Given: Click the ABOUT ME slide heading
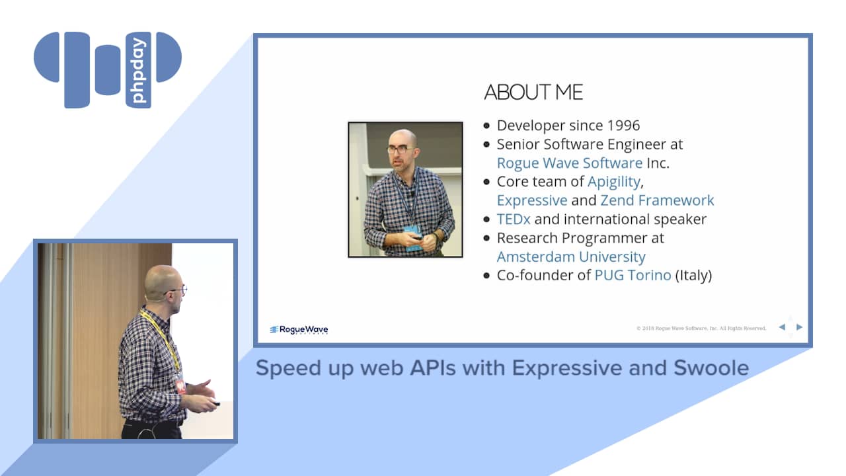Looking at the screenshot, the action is (x=533, y=92).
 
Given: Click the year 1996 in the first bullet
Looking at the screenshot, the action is (x=623, y=126).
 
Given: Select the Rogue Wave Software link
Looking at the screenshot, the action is (x=570, y=163).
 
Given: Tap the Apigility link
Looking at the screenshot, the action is (x=614, y=182).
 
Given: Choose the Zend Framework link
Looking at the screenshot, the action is (x=657, y=200).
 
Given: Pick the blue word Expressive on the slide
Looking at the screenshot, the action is (x=532, y=200).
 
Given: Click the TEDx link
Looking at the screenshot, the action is (x=514, y=219).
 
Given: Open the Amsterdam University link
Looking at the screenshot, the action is (x=571, y=257).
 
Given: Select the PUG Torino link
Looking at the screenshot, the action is (x=633, y=276).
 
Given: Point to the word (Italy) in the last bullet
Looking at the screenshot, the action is (x=693, y=276).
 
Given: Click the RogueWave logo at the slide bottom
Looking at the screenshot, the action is (x=299, y=330).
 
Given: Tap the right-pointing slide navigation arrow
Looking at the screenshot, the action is (x=799, y=327).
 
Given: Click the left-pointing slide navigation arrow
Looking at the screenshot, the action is (x=782, y=327).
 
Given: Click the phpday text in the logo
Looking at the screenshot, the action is (x=138, y=70).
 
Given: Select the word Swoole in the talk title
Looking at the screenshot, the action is (x=711, y=368).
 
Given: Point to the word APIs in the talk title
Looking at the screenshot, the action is (x=433, y=368).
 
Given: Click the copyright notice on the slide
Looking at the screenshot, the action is (x=701, y=329).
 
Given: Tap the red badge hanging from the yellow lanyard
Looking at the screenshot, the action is (x=181, y=385).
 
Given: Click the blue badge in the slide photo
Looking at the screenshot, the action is (x=412, y=238).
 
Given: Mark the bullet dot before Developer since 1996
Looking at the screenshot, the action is (x=486, y=126).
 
